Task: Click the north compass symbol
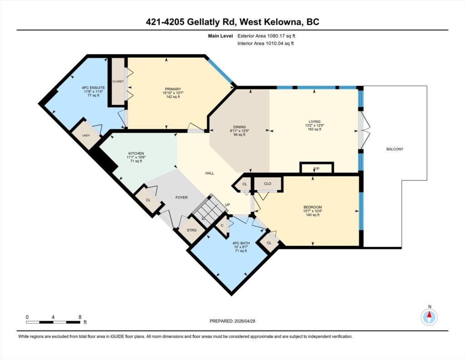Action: click(x=429, y=317)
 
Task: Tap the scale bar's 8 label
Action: click(x=80, y=317)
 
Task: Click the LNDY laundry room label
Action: click(x=86, y=135)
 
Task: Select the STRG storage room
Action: click(x=192, y=230)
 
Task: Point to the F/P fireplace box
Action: click(x=317, y=168)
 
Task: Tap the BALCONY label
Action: click(x=395, y=149)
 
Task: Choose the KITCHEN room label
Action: click(x=136, y=154)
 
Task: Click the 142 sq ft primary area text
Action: click(x=173, y=97)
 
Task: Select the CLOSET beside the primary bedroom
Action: click(x=118, y=81)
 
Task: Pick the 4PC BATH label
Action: click(x=241, y=243)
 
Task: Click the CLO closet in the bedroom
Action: click(x=267, y=184)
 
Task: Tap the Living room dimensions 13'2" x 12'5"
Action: click(x=314, y=125)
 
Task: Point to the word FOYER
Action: click(x=182, y=197)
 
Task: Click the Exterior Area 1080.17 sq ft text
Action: click(x=266, y=36)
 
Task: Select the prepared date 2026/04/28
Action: click(x=245, y=321)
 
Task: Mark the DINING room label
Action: click(x=239, y=127)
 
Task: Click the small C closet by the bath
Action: click(x=222, y=225)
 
